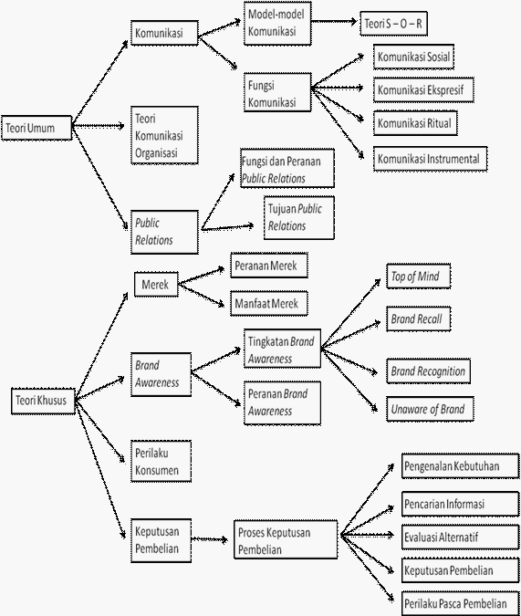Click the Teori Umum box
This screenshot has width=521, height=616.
pos(36,128)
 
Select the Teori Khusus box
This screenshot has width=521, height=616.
pos(43,401)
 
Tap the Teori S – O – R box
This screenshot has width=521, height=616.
pos(393,24)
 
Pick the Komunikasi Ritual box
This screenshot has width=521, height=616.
pos(415,123)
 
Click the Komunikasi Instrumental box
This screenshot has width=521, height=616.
pos(431,159)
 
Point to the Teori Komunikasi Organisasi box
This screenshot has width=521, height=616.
pos(164,135)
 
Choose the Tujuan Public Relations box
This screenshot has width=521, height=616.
pos(299,217)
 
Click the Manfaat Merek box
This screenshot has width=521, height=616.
pos(269,303)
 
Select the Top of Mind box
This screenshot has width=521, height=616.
pos(419,277)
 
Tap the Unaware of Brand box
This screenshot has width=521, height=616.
pos(431,409)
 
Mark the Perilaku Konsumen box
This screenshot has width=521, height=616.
pos(162,461)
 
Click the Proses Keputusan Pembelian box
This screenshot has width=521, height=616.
pos(286,539)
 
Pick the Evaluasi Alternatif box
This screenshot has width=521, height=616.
pos(460,537)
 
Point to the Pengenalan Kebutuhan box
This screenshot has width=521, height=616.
pos(460,466)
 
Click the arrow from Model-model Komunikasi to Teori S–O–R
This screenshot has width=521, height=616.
pos(334,22)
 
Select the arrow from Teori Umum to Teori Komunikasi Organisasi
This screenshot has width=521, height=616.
pos(99,126)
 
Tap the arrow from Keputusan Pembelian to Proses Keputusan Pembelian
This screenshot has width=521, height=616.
pos(210,539)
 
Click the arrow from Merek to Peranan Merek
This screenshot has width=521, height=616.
pos(201,276)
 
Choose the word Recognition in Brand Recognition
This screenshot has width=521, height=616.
pos(441,371)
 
